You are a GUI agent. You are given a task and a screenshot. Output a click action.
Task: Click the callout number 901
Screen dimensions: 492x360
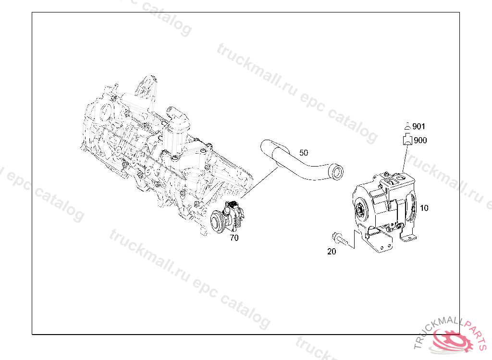418,127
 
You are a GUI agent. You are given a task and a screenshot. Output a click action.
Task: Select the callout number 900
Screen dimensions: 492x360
419,141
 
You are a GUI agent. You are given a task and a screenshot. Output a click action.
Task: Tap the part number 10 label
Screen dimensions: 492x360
424,208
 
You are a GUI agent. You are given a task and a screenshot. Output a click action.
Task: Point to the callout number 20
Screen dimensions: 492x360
332,252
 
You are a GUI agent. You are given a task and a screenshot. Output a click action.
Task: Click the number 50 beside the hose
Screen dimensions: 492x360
304,153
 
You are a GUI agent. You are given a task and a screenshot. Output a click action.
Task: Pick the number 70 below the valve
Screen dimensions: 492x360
234,237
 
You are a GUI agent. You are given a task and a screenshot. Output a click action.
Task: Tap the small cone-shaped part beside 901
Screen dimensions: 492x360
407,127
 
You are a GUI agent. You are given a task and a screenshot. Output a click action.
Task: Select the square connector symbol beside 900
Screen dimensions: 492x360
407,140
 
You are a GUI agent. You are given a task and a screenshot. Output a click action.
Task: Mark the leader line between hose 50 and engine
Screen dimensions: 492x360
259,182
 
